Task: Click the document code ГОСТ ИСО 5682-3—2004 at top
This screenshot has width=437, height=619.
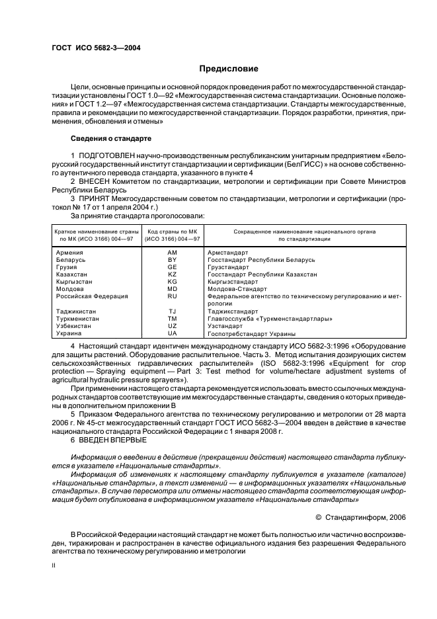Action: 96,47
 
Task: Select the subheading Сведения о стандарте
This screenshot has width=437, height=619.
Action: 111,139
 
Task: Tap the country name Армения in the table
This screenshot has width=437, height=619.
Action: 69,253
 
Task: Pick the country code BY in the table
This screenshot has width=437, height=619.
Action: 172,260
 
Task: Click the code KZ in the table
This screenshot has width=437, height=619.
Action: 172,274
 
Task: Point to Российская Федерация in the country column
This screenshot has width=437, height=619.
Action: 92,296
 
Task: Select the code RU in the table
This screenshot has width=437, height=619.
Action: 172,296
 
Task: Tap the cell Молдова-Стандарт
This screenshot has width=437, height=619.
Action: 237,289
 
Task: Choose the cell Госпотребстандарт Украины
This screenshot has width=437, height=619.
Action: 251,333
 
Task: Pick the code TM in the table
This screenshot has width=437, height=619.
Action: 172,319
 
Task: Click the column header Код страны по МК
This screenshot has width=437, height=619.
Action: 172,231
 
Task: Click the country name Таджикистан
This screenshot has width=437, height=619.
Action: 76,311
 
